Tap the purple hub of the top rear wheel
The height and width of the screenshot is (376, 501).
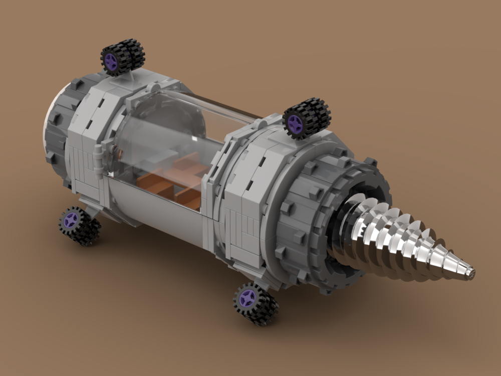[x=111, y=62]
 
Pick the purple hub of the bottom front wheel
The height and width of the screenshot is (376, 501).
[x=247, y=299]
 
